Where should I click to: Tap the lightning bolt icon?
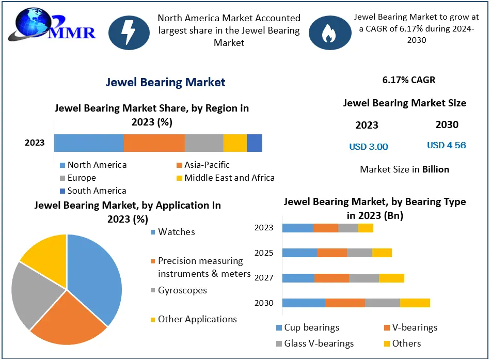tap(129, 32)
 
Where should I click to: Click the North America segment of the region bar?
tap(89, 143)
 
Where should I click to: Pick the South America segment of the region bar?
tap(255, 143)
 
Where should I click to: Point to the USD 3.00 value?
tap(368, 147)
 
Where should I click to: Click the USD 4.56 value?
tap(446, 145)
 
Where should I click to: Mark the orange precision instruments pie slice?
tap(70, 320)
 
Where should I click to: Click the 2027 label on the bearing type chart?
tap(264, 278)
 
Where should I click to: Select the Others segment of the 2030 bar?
tap(415, 303)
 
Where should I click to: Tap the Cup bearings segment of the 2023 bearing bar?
tap(297, 228)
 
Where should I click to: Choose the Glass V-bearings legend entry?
tap(315, 343)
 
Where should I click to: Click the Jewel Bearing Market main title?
tap(166, 82)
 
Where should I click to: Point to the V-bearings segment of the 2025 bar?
tap(331, 253)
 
